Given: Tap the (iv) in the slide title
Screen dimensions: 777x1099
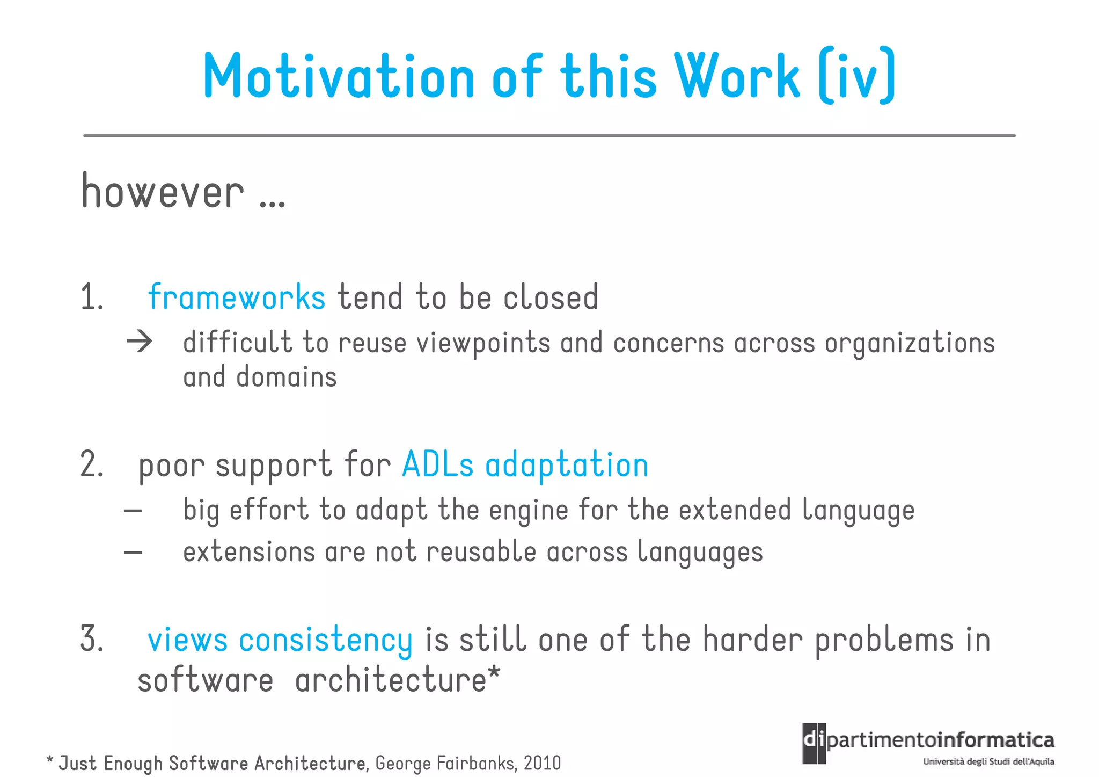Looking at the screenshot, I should pyautogui.click(x=857, y=76).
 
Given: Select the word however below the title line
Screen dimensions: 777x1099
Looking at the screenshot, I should pyautogui.click(x=163, y=192).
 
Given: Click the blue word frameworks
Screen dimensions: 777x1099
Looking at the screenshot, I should pyautogui.click(x=237, y=297).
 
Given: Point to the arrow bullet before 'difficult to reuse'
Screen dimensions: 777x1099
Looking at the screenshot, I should pyautogui.click(x=140, y=342).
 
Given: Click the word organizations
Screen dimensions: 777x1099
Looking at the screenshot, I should pyautogui.click(x=910, y=343).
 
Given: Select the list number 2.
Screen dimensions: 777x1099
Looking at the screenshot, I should pyautogui.click(x=91, y=464).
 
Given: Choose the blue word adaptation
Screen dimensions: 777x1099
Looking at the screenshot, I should pyautogui.click(x=567, y=465).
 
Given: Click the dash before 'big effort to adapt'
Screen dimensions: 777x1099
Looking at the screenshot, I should pyautogui.click(x=133, y=510).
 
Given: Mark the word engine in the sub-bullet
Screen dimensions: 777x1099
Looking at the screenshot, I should pyautogui.click(x=528, y=510).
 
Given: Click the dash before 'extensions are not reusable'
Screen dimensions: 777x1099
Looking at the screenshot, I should pyautogui.click(x=133, y=551).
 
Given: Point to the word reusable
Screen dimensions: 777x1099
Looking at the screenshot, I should pyautogui.click(x=481, y=551).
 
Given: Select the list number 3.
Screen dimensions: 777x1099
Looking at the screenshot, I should pyautogui.click(x=91, y=639).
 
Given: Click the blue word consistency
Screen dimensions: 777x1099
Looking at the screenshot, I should pyautogui.click(x=326, y=640).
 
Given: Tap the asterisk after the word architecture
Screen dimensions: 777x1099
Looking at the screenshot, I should pyautogui.click(x=494, y=672).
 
